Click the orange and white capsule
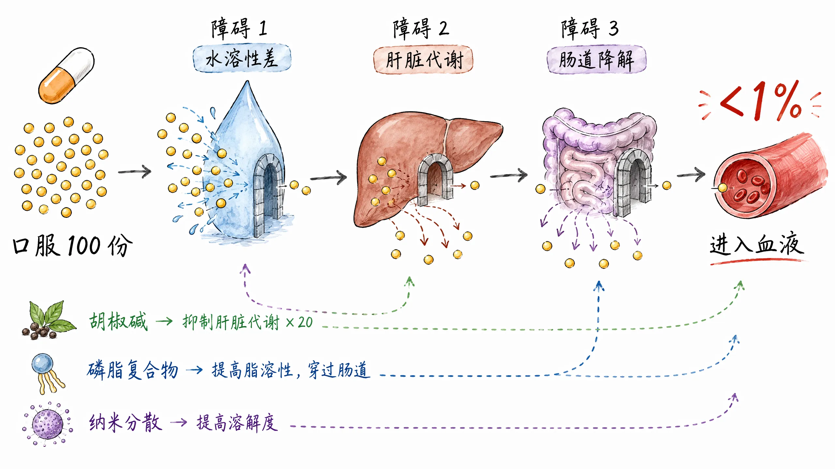point(67,76)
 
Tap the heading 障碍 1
point(239,29)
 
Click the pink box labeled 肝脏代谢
point(423,60)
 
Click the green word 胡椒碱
point(118,321)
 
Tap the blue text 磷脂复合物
point(132,370)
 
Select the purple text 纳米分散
point(125,422)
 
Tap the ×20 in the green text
point(299,322)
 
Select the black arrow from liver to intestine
point(509,176)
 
